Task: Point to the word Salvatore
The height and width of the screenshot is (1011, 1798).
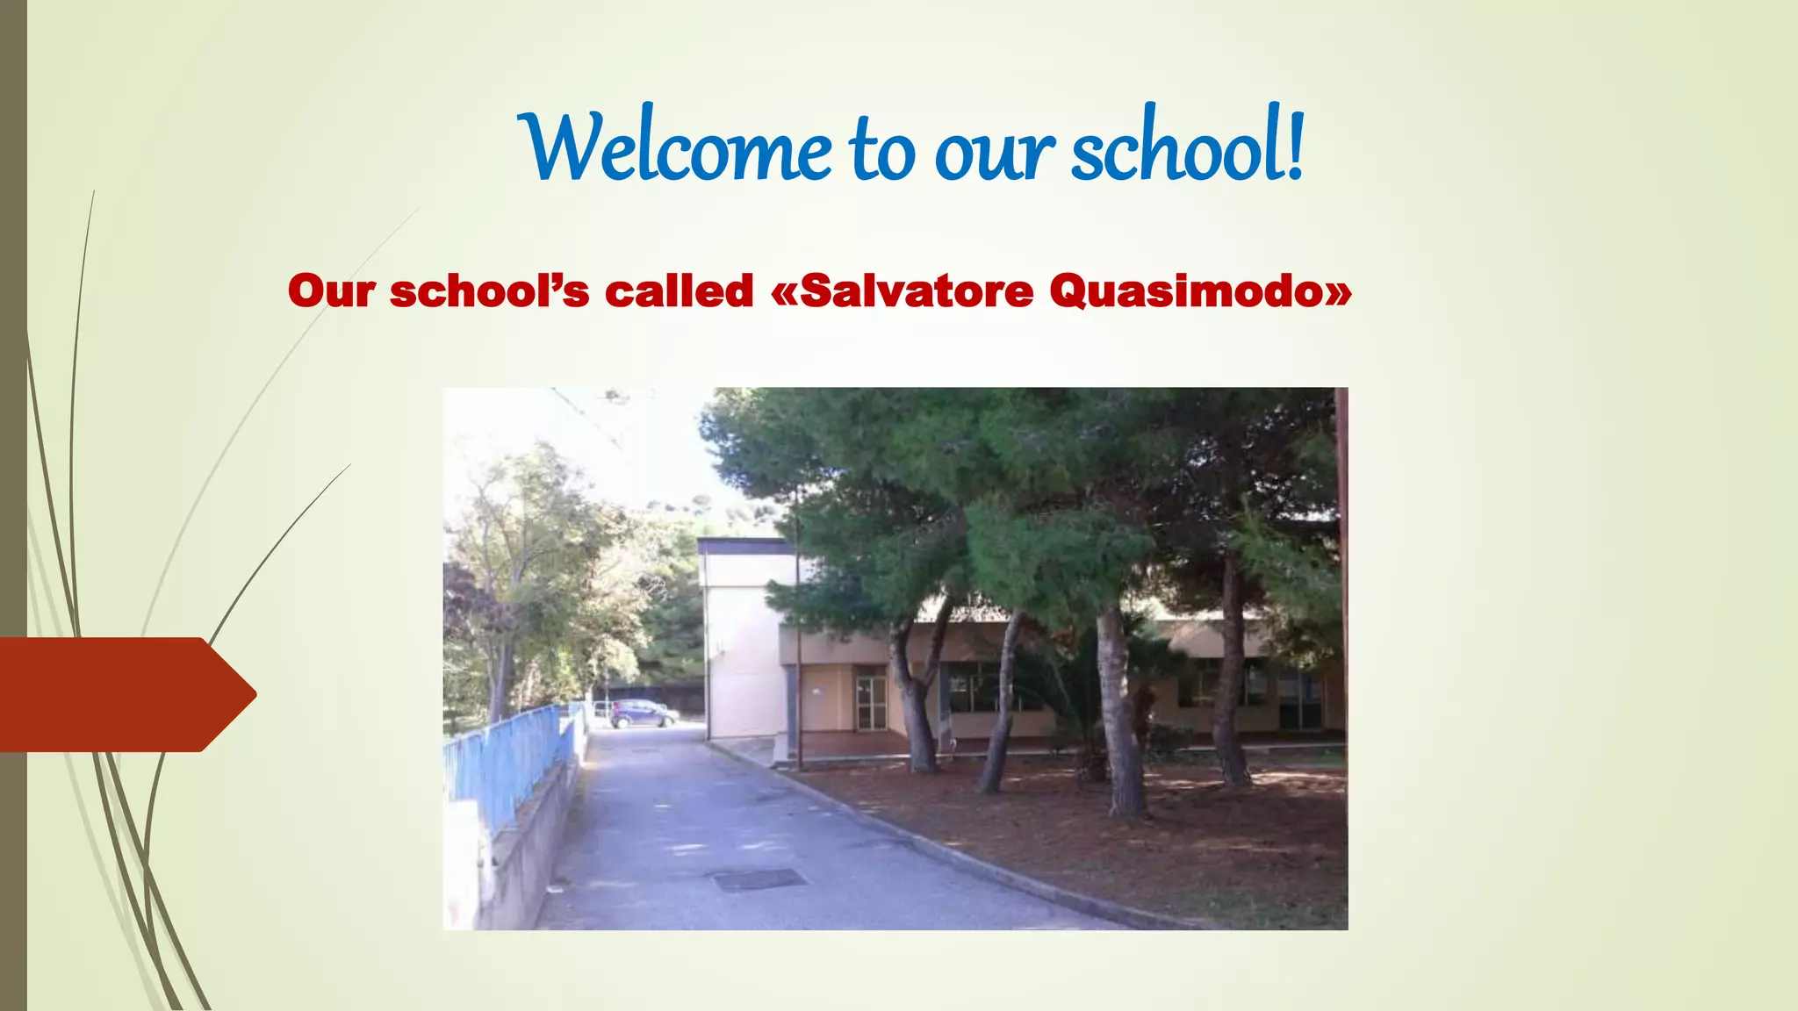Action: [917, 291]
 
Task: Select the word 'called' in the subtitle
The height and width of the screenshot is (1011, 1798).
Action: [679, 291]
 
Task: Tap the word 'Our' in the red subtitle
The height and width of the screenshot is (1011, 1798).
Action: [331, 291]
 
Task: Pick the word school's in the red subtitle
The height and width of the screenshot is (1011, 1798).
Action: [489, 291]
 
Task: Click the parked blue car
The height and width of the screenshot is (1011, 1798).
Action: [643, 713]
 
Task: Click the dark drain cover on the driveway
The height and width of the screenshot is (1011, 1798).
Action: [759, 878]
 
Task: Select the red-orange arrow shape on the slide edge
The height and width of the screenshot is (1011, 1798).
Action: [123, 694]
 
